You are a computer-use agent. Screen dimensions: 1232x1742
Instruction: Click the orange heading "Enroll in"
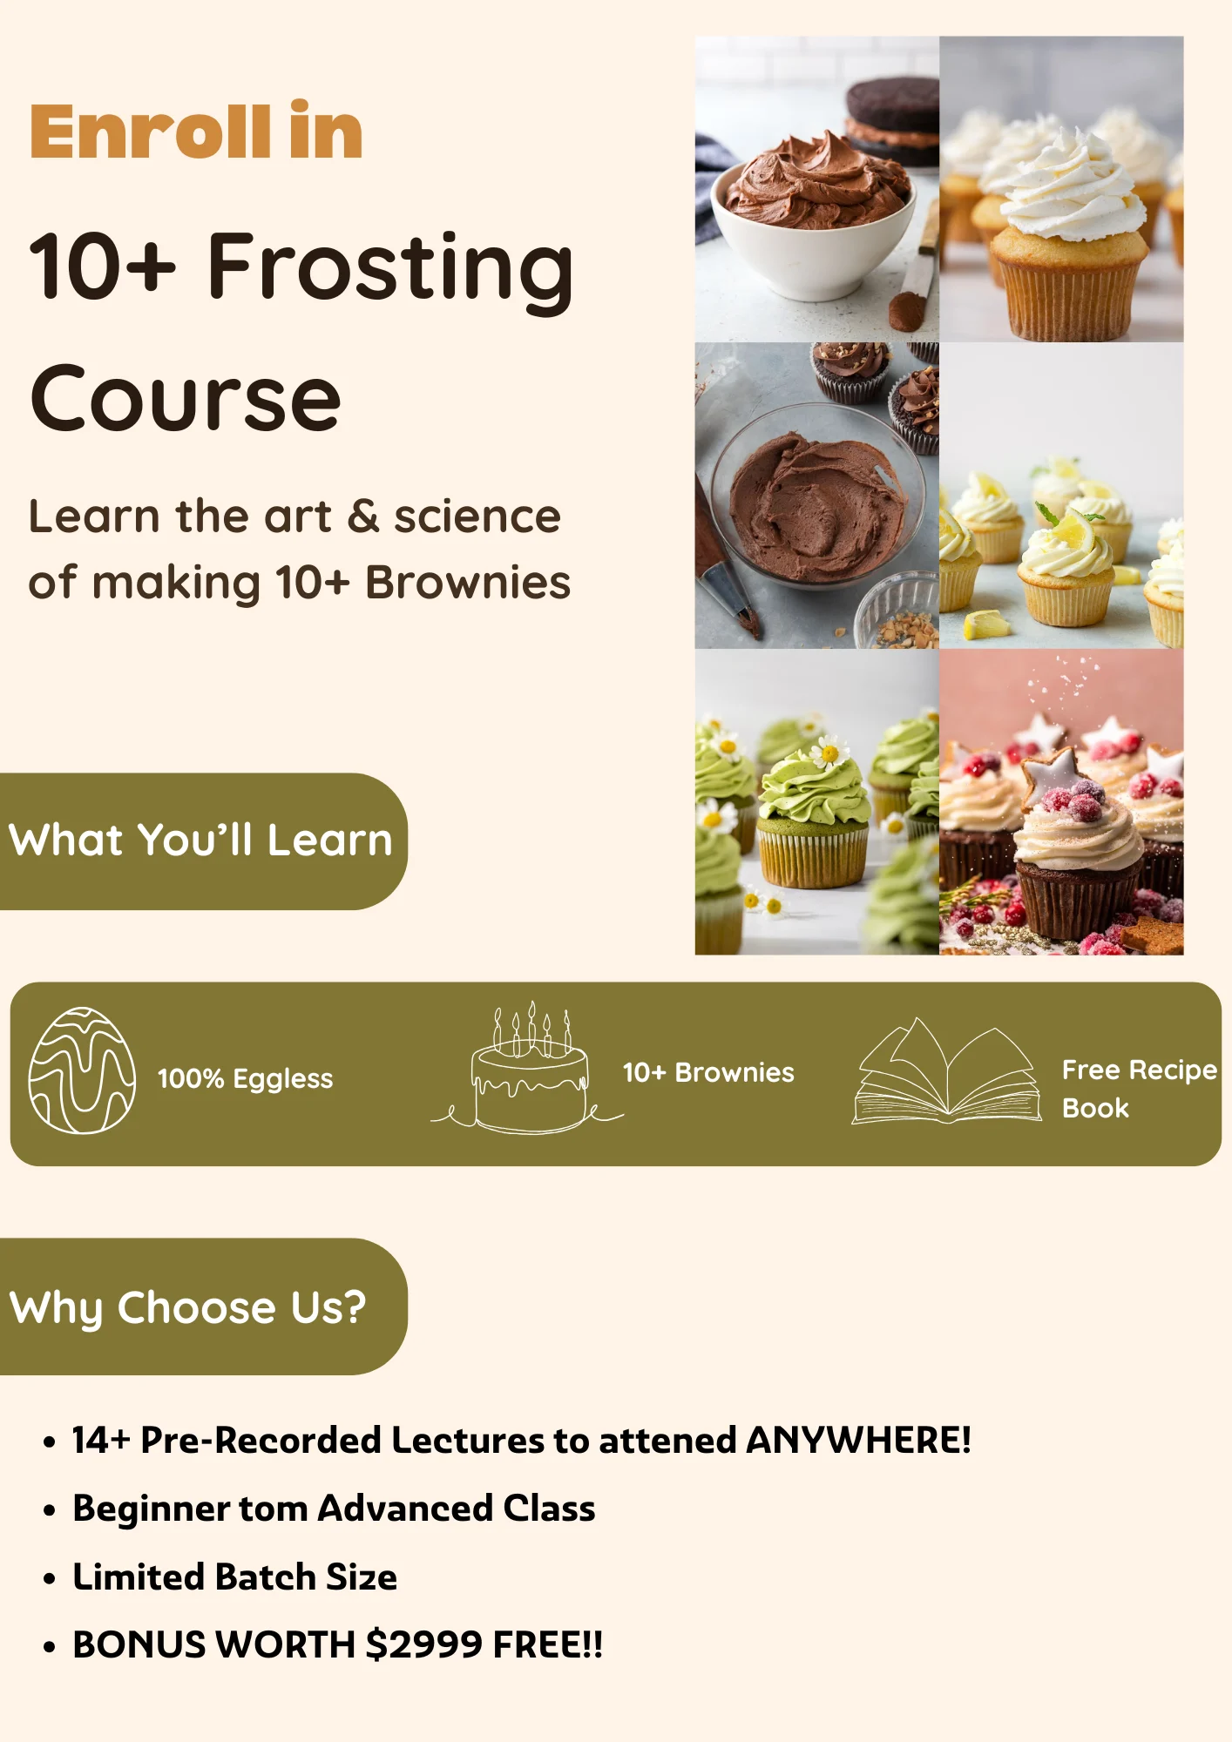coord(196,132)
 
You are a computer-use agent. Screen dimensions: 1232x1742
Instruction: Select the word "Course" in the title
coord(186,399)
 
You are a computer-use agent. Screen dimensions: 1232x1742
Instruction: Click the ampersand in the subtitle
coord(363,517)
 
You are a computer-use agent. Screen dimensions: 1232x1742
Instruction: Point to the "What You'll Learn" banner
coord(204,841)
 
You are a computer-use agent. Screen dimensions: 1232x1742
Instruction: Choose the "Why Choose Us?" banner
coord(204,1306)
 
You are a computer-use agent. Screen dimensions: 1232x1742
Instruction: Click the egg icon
coord(82,1070)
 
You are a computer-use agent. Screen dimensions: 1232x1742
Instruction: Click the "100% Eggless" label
coord(245,1079)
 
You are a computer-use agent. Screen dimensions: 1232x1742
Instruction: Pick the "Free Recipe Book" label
coord(1139,1089)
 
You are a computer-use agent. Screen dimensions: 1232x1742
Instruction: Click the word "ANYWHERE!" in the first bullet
coord(858,1441)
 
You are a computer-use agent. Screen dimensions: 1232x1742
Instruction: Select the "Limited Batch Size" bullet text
coord(234,1577)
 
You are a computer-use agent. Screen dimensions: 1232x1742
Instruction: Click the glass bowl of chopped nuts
coord(897,612)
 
